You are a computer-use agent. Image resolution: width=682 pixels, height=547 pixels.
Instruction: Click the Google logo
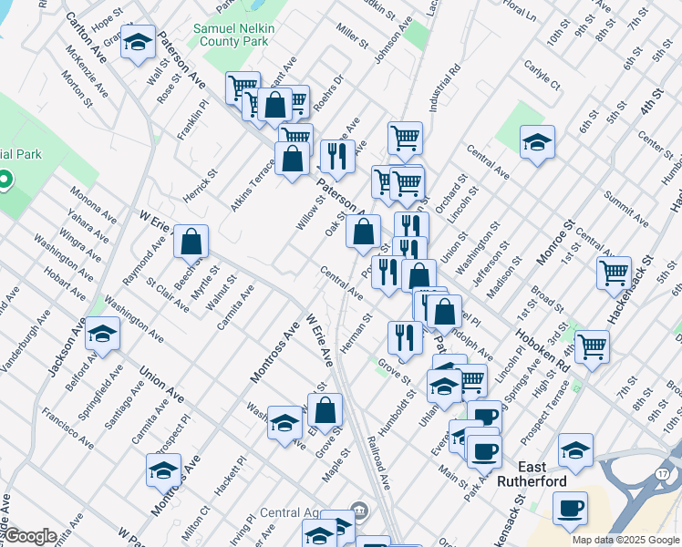click(x=30, y=536)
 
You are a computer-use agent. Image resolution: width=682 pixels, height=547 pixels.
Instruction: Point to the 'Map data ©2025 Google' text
click(x=625, y=540)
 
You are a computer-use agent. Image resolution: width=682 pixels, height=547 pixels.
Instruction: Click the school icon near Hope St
click(x=138, y=44)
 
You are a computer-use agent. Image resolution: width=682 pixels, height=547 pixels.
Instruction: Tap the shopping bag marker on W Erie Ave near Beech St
click(x=191, y=243)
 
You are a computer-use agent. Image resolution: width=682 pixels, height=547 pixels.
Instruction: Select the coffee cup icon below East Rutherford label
click(x=570, y=508)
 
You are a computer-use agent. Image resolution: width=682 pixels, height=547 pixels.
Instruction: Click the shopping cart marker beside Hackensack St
click(x=615, y=272)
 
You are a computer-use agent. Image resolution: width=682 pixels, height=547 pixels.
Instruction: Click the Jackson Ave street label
click(x=65, y=350)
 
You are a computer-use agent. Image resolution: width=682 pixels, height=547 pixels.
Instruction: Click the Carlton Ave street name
click(x=86, y=39)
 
